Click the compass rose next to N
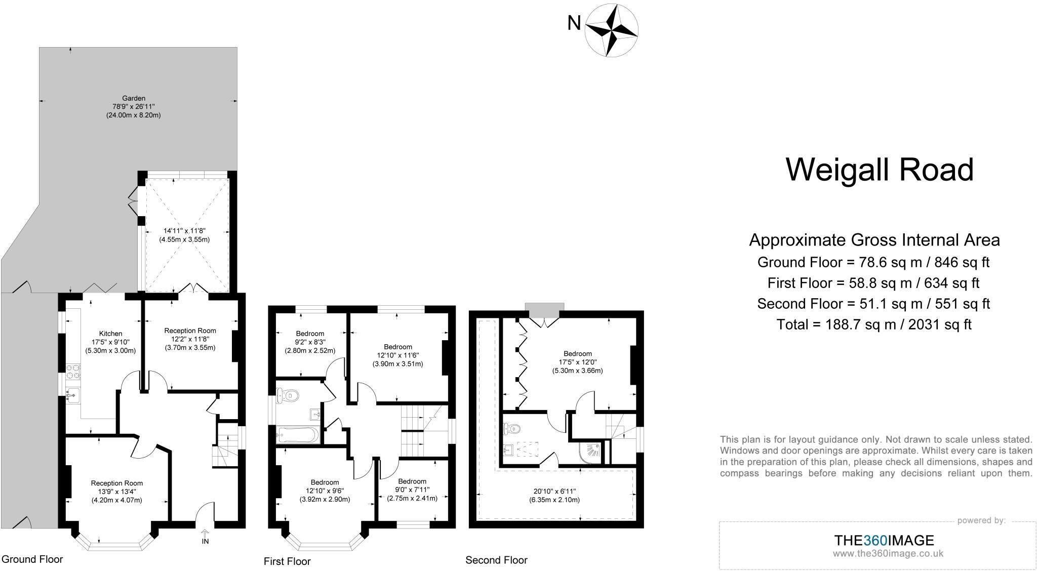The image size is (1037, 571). pos(611,29)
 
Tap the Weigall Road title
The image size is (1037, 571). pos(879,170)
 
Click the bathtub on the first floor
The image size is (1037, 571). pos(298,434)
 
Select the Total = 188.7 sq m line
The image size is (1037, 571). pos(874,324)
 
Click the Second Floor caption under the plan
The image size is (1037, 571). pos(496,560)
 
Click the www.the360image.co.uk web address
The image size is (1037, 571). pos(888,554)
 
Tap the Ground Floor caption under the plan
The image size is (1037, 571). pos(32,559)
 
